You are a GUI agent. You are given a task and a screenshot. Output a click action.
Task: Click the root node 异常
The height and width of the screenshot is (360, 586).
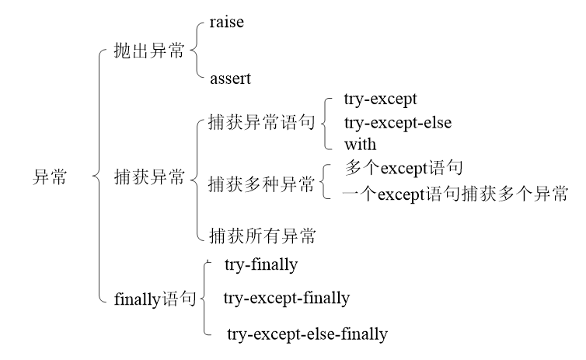point(49,177)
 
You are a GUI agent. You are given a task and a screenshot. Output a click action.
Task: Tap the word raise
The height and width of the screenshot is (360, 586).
point(227,23)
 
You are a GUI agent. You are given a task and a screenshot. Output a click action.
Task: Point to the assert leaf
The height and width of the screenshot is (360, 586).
point(232,78)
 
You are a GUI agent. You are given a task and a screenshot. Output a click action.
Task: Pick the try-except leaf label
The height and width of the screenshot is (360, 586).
point(380,100)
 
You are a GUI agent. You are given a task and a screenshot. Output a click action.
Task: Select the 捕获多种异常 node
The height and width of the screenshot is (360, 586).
point(261,185)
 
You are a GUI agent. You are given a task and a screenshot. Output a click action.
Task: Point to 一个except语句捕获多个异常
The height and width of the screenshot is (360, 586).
point(455,193)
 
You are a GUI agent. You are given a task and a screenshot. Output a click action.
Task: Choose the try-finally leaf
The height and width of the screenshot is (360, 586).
point(261,265)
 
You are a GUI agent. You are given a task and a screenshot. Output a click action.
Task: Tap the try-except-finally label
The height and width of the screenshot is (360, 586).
point(287,298)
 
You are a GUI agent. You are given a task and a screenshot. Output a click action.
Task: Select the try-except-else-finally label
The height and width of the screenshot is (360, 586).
point(307,334)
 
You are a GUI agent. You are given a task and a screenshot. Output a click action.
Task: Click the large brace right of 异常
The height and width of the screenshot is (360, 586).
point(98,177)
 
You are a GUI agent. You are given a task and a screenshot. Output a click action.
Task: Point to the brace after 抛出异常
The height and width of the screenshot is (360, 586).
point(195,51)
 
